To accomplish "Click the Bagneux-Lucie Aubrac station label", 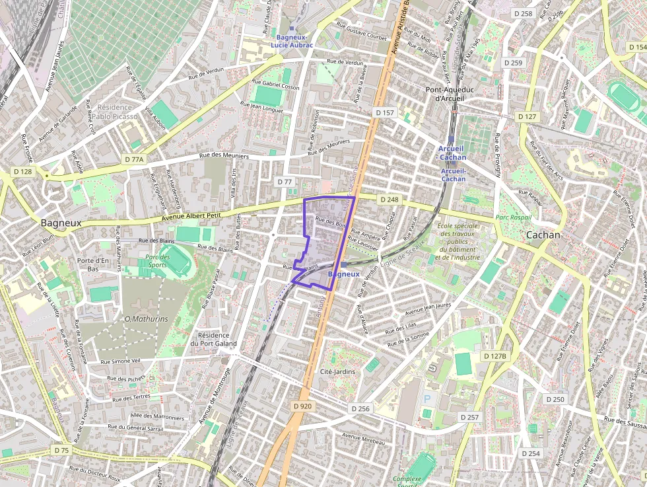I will [x=294, y=40].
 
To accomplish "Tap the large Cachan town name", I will [x=543, y=235].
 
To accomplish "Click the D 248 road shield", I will [x=389, y=199].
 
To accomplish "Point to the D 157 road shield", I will [x=385, y=113].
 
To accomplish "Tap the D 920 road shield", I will [x=302, y=406].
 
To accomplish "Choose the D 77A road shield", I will [x=134, y=159].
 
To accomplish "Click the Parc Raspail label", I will [x=513, y=217].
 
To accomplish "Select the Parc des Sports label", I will [x=158, y=261].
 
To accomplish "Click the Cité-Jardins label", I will [x=337, y=371].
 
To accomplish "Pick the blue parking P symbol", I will [x=426, y=399].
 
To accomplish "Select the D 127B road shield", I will [x=494, y=356].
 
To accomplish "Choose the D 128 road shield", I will [x=22, y=172].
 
